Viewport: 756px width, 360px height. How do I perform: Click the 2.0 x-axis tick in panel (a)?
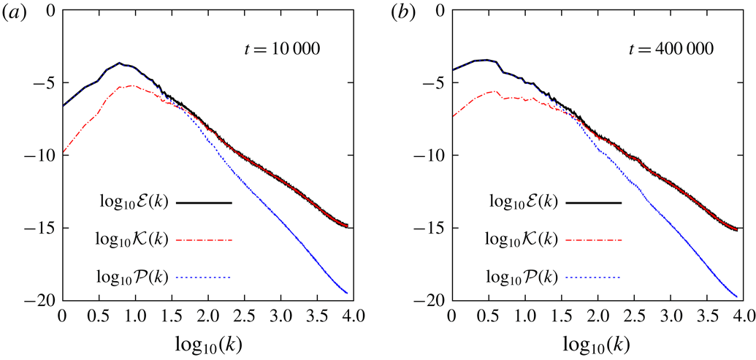pyautogui.click(x=207, y=318)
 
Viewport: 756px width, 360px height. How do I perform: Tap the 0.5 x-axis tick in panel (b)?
pyautogui.click(x=487, y=318)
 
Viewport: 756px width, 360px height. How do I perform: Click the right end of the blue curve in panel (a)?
pyautogui.click(x=346, y=294)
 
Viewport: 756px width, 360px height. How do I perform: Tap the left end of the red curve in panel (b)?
pyautogui.click(x=451, y=116)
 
